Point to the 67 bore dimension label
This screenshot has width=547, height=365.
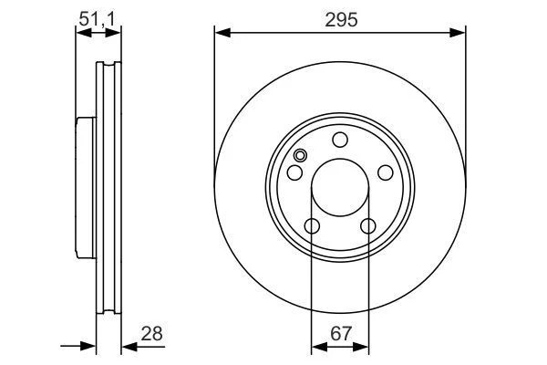pyautogui.click(x=340, y=334)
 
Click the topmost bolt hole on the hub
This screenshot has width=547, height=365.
pyautogui.click(x=340, y=140)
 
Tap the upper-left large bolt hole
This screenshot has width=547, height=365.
pyautogui.click(x=295, y=173)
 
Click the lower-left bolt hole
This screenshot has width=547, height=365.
pyautogui.click(x=312, y=226)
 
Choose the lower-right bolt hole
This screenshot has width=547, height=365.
pyautogui.click(x=368, y=226)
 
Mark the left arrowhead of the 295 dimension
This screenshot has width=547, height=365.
pyautogui.click(x=220, y=33)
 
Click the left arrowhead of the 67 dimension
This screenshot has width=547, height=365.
pyautogui.click(x=316, y=347)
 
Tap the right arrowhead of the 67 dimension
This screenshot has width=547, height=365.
pyautogui.click(x=364, y=347)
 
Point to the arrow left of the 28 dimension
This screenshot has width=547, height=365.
pyautogui.click(x=89, y=347)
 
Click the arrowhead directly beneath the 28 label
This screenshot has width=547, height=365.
pyautogui.click(x=128, y=347)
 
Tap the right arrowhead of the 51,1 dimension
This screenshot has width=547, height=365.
pyautogui.click(x=116, y=33)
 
